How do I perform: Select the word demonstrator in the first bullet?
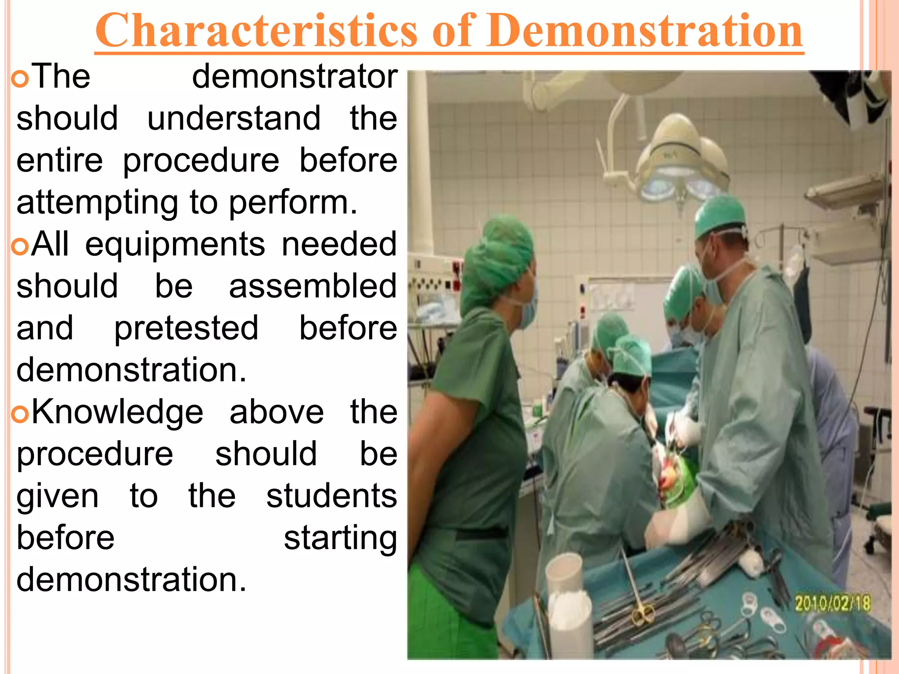(x=295, y=76)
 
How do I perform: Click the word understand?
(x=234, y=118)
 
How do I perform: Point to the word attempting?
(x=97, y=203)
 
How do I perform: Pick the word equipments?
(x=175, y=244)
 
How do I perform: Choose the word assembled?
(x=313, y=286)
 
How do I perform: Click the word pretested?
(x=186, y=328)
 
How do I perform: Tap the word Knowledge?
(x=117, y=412)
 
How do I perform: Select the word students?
(x=331, y=496)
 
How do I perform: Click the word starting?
(x=340, y=538)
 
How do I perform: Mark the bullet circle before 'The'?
(x=20, y=79)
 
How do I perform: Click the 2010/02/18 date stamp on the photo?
(x=832, y=604)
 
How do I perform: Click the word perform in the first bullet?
(x=293, y=203)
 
